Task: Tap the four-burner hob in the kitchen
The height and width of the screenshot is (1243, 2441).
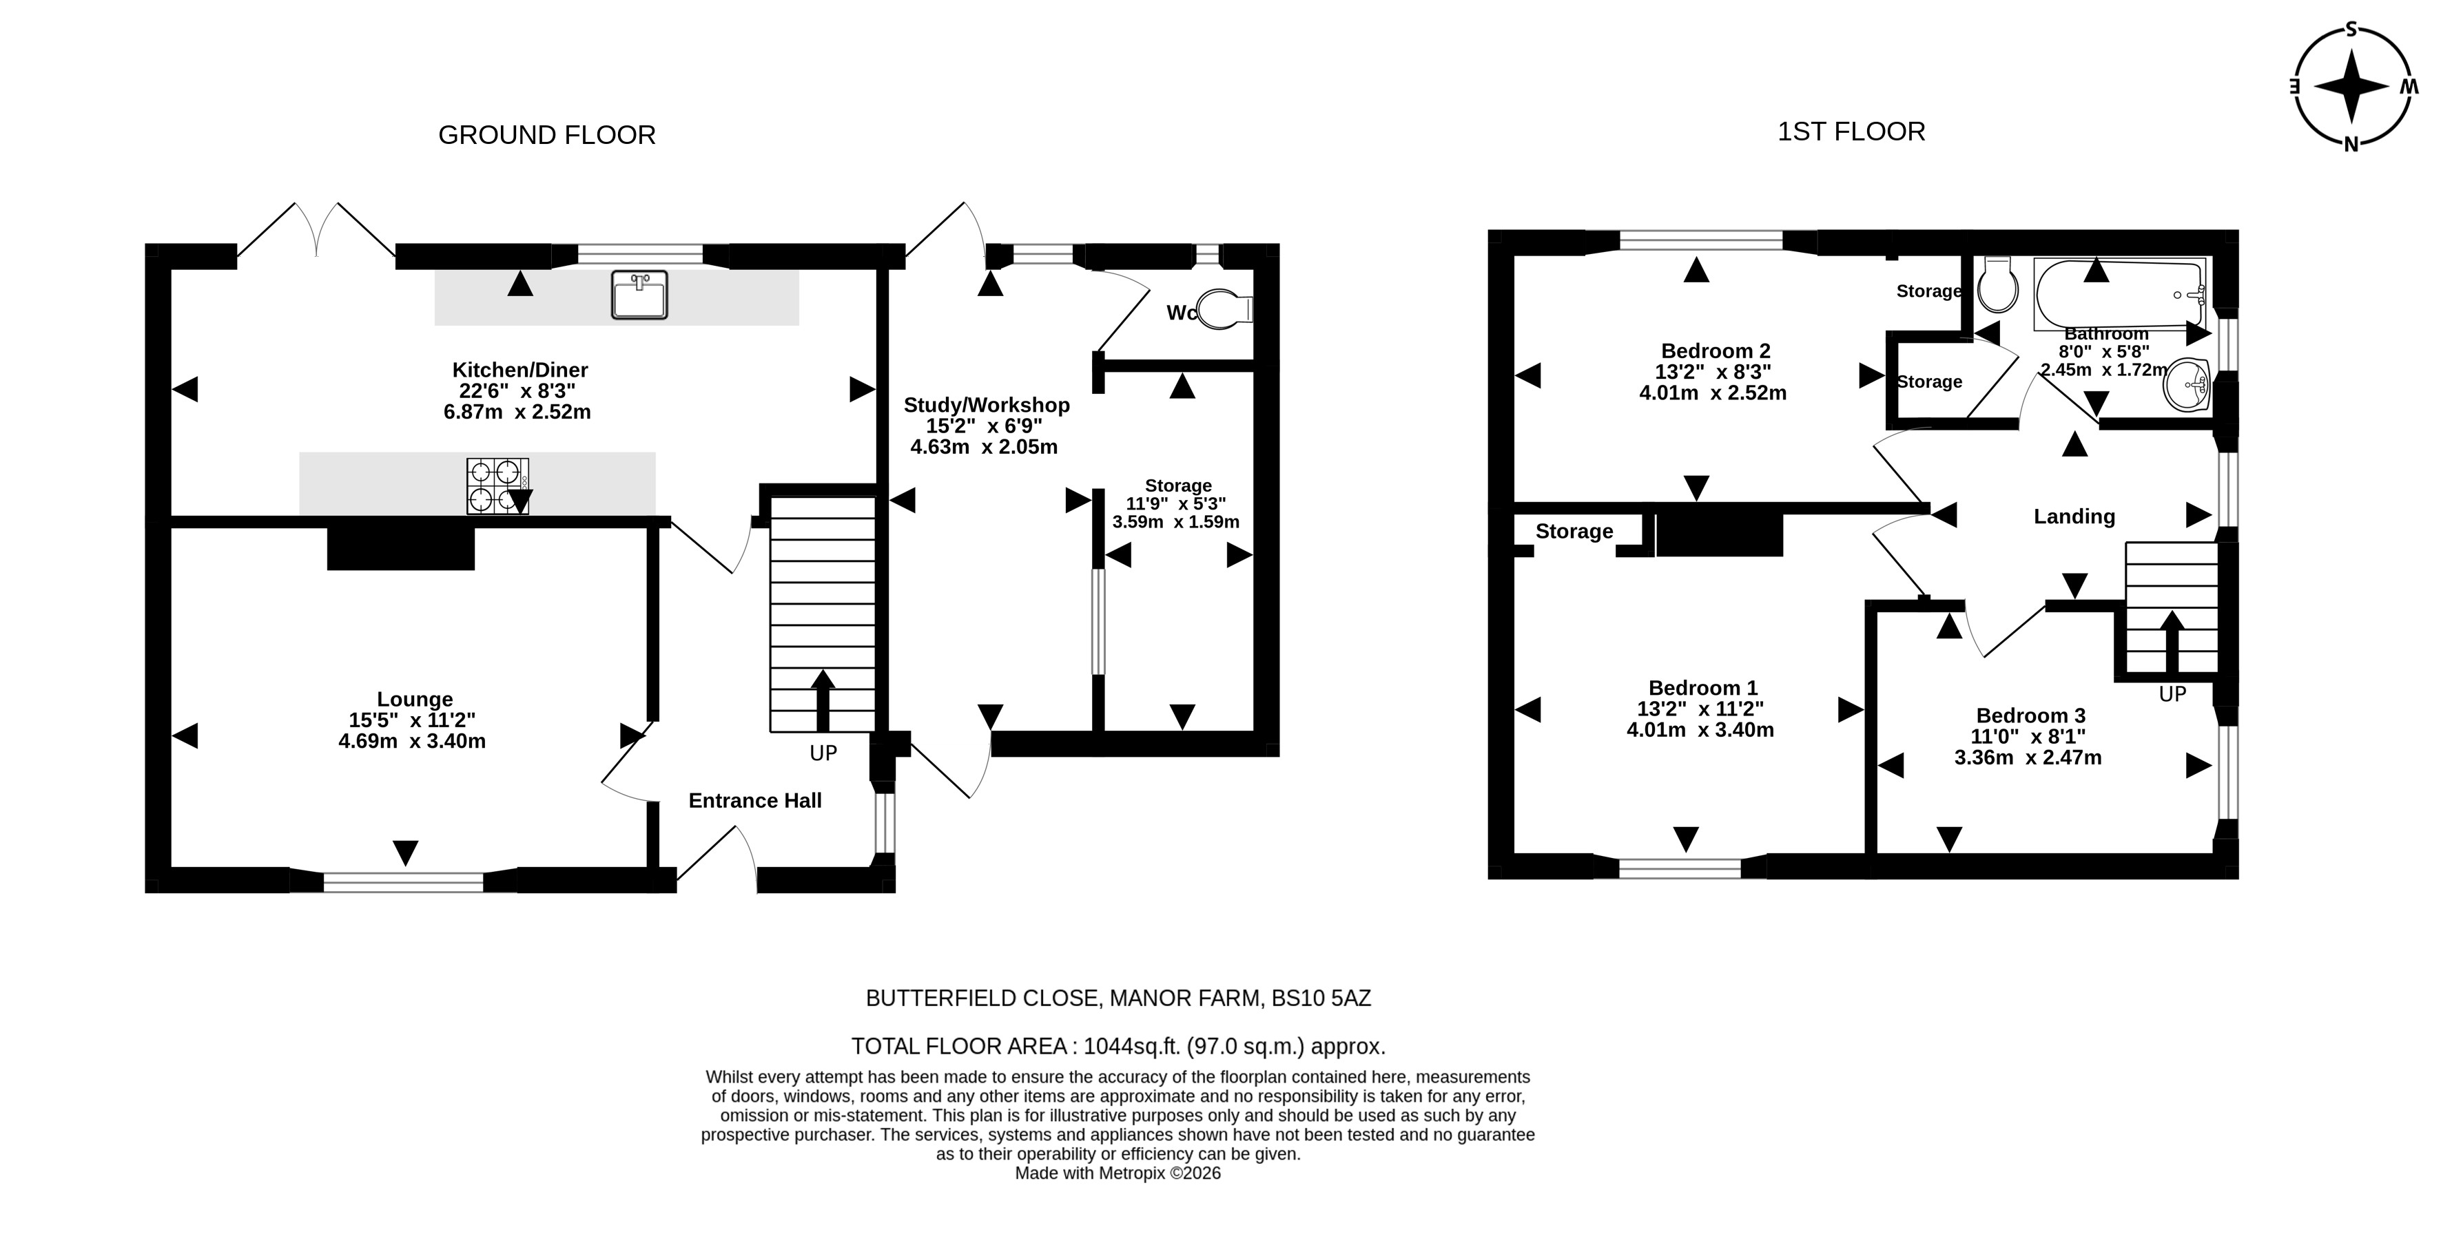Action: point(497,486)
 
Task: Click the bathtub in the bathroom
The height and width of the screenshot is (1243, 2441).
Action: point(2121,295)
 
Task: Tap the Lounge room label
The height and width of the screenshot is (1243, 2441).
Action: point(414,699)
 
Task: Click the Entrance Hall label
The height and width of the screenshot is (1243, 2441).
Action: point(755,801)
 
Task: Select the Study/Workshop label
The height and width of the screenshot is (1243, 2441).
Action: point(987,406)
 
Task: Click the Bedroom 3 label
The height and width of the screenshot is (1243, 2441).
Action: point(2030,715)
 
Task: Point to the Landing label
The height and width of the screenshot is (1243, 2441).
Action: point(2074,516)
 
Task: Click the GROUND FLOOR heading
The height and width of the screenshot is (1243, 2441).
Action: point(547,136)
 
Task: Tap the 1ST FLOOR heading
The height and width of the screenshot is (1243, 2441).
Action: point(1851,132)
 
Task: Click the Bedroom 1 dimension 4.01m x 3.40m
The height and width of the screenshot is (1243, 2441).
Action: point(1700,729)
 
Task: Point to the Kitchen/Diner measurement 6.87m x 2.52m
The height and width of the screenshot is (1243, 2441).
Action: point(517,412)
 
